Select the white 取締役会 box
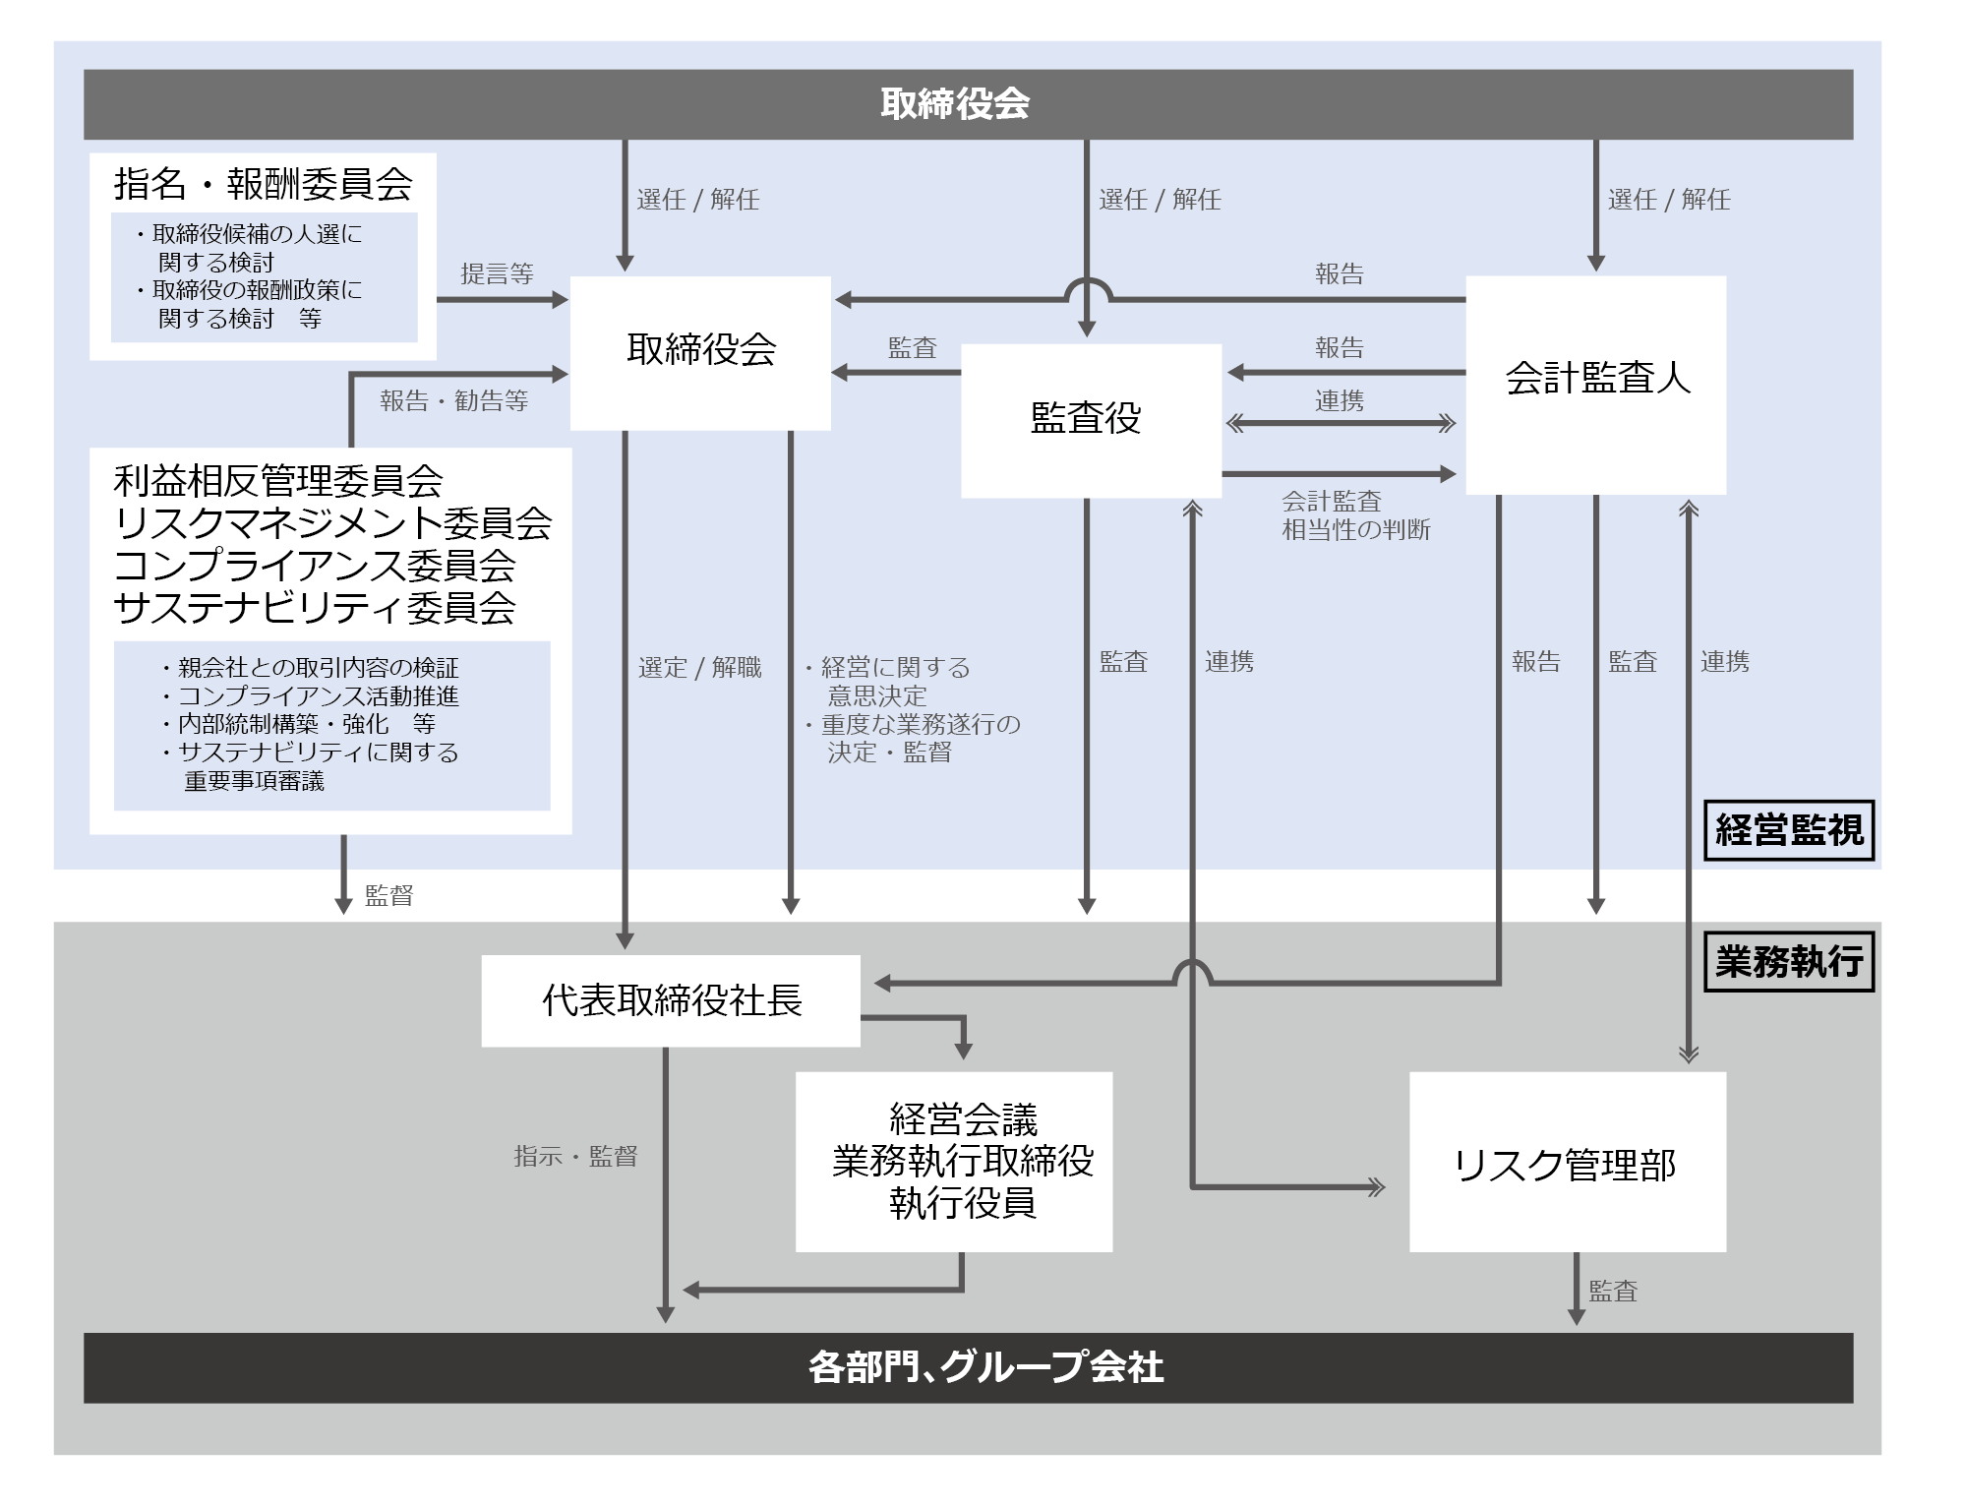click(700, 351)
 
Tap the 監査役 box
click(1090, 419)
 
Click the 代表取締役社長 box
click(671, 1000)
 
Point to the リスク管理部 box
click(1567, 1164)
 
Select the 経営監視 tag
click(1788, 830)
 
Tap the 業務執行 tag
click(1788, 961)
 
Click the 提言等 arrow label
click(497, 274)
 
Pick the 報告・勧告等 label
click(453, 401)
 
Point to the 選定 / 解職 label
click(699, 668)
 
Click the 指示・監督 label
click(575, 1157)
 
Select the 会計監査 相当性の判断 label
click(1354, 515)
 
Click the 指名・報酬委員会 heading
click(263, 184)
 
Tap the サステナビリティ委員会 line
click(315, 609)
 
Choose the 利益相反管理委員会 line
click(278, 482)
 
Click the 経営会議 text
click(963, 1119)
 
